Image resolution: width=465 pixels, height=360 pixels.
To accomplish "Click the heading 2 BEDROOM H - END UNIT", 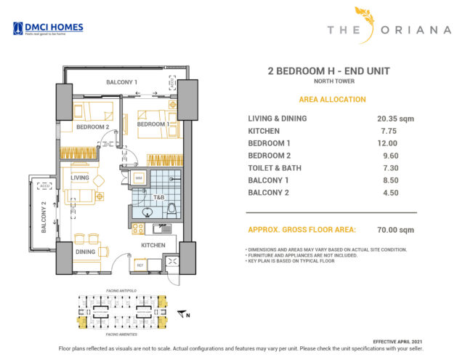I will tap(329, 71).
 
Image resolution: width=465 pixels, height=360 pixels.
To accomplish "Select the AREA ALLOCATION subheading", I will tap(332, 100).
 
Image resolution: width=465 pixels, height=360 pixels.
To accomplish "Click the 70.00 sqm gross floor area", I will tap(395, 230).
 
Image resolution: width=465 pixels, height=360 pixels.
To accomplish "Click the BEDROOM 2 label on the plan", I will tap(93, 127).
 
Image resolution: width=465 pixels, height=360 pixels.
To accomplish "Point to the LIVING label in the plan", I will tap(80, 177).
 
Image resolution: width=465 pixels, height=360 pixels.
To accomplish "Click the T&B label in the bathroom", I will tap(158, 196).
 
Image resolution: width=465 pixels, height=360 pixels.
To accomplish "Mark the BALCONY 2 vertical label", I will tap(44, 218).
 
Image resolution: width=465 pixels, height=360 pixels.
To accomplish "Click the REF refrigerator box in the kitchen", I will tap(139, 265).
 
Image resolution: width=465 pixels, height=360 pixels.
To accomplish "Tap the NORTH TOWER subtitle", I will tap(329, 81).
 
